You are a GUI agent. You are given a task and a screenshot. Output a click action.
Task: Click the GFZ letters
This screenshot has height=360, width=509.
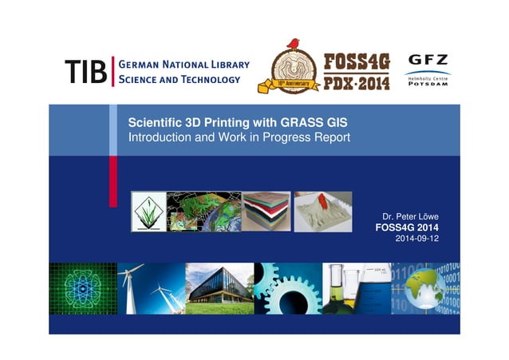click(428, 60)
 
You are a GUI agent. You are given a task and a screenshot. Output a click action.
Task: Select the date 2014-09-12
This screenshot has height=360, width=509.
click(417, 238)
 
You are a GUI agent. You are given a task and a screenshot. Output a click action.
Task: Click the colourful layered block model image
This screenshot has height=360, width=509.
click(266, 211)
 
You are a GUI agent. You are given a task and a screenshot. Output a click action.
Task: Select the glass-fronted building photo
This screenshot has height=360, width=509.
click(219, 288)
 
